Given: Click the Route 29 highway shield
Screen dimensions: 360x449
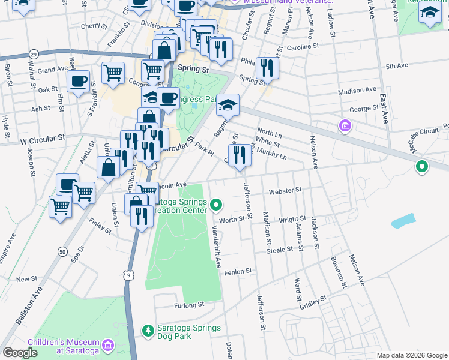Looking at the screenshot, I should click(x=34, y=55).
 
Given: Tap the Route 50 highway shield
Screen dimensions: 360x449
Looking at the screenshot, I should click(x=62, y=252).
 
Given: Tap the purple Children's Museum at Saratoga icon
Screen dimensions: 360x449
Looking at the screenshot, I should click(x=108, y=344).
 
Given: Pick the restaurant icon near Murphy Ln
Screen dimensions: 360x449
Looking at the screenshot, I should click(x=240, y=155).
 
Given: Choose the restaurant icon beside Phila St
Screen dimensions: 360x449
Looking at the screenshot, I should click(x=267, y=68).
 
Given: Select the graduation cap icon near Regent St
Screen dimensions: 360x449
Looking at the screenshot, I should click(x=228, y=106).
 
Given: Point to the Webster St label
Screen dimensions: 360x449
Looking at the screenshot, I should click(x=285, y=190).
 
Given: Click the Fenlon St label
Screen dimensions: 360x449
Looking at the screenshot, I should click(x=238, y=272).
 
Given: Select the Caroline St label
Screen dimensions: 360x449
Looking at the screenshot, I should click(x=303, y=46).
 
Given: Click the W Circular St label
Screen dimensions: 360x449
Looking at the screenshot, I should click(x=42, y=138).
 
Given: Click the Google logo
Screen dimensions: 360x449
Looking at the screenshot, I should click(x=20, y=353).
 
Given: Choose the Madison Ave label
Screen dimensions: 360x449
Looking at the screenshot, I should click(x=357, y=91).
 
